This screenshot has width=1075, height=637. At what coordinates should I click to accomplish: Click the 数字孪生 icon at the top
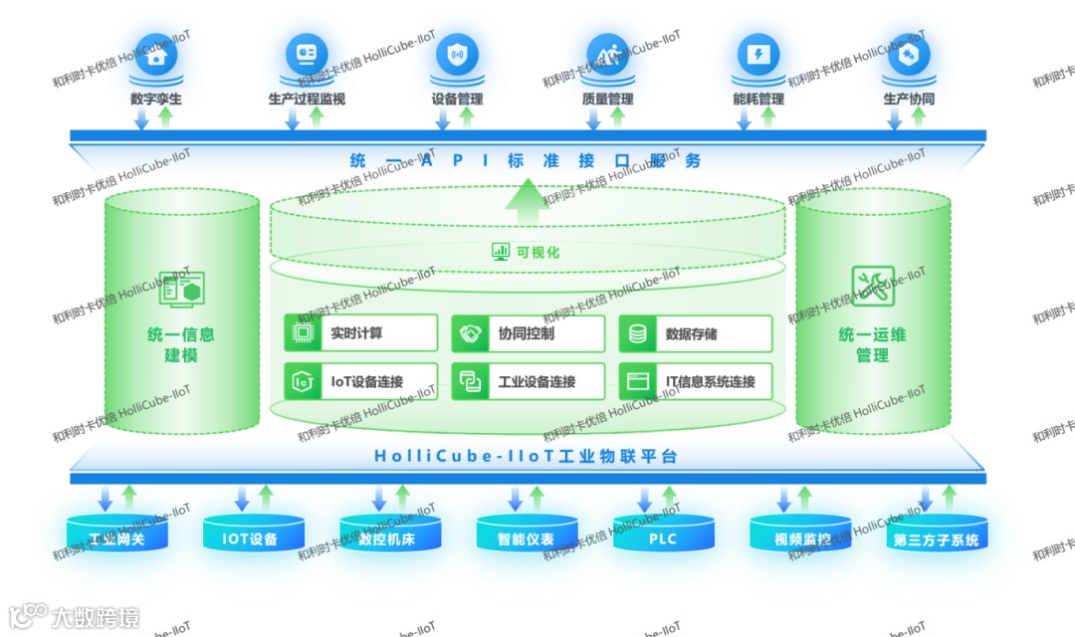pyautogui.click(x=155, y=56)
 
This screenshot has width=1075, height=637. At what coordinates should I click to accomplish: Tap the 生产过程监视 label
pyautogui.click(x=307, y=100)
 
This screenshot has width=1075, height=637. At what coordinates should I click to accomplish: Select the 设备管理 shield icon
pyautogui.click(x=457, y=54)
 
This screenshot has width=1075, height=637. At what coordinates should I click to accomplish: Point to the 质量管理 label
pyautogui.click(x=607, y=100)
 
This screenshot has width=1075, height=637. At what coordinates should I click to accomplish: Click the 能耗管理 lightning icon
pyautogui.click(x=757, y=54)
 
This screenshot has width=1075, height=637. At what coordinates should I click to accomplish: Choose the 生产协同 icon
pyautogui.click(x=908, y=56)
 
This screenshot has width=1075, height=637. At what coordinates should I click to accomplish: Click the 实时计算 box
pyautogui.click(x=360, y=333)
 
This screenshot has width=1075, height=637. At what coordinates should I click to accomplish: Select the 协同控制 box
pyautogui.click(x=528, y=333)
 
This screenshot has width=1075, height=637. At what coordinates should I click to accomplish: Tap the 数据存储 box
pyautogui.click(x=695, y=333)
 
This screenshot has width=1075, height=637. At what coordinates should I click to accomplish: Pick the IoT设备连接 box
pyautogui.click(x=360, y=381)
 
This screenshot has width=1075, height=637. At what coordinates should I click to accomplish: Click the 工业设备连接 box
pyautogui.click(x=528, y=381)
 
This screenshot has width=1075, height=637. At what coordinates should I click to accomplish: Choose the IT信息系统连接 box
pyautogui.click(x=695, y=381)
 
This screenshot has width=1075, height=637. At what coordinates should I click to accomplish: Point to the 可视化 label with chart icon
pyautogui.click(x=527, y=252)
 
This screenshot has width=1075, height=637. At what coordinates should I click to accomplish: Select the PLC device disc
pyautogui.click(x=663, y=538)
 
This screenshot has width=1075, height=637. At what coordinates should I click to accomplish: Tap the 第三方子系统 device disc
pyautogui.click(x=936, y=539)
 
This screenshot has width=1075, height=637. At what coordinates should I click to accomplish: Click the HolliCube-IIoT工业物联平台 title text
pyautogui.click(x=526, y=457)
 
